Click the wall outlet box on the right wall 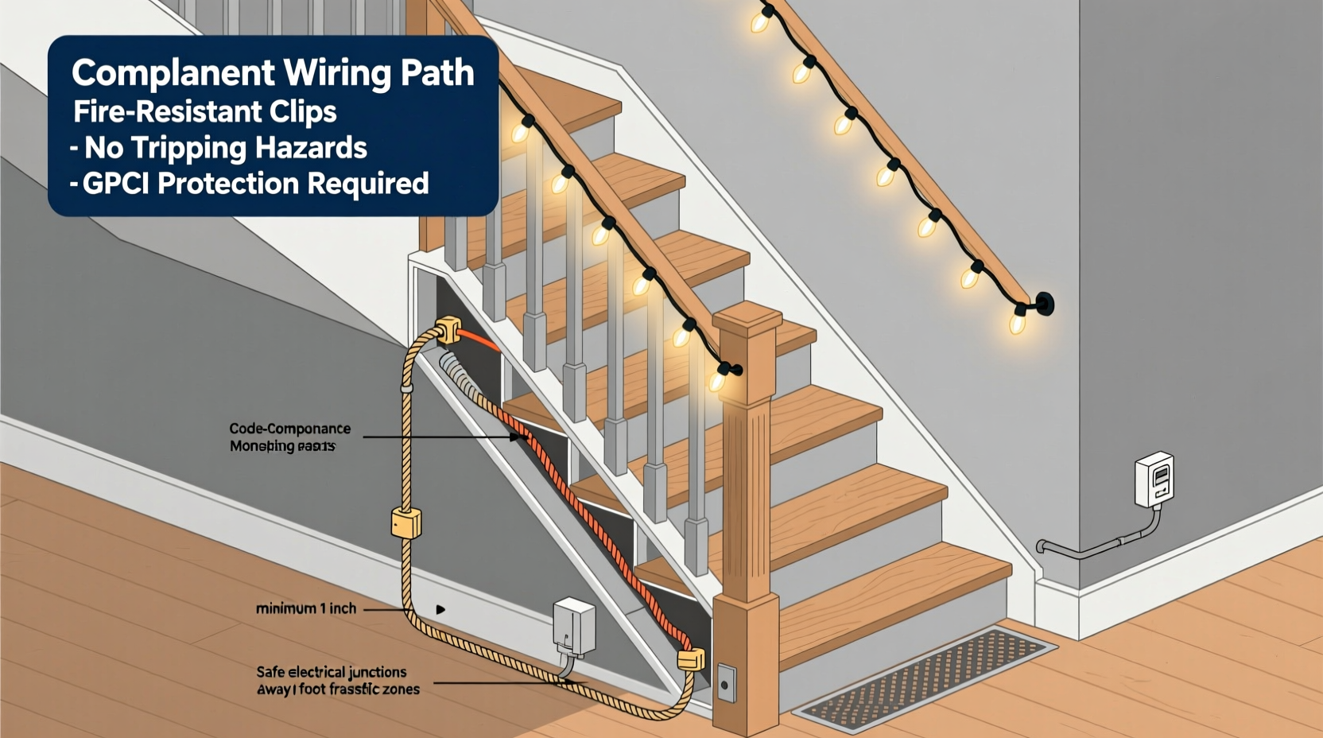(1154, 480)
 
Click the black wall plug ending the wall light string (1044, 304)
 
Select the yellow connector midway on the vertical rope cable (405, 523)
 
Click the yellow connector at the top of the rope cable (448, 330)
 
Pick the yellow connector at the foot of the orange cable (690, 659)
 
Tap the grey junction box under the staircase (574, 627)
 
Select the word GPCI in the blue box (117, 184)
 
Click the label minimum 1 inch (306, 608)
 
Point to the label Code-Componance (289, 429)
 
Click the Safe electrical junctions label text (332, 672)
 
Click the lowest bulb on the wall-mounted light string (1017, 322)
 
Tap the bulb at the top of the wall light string (760, 21)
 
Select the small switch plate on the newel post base (726, 683)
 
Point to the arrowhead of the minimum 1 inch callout (440, 610)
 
